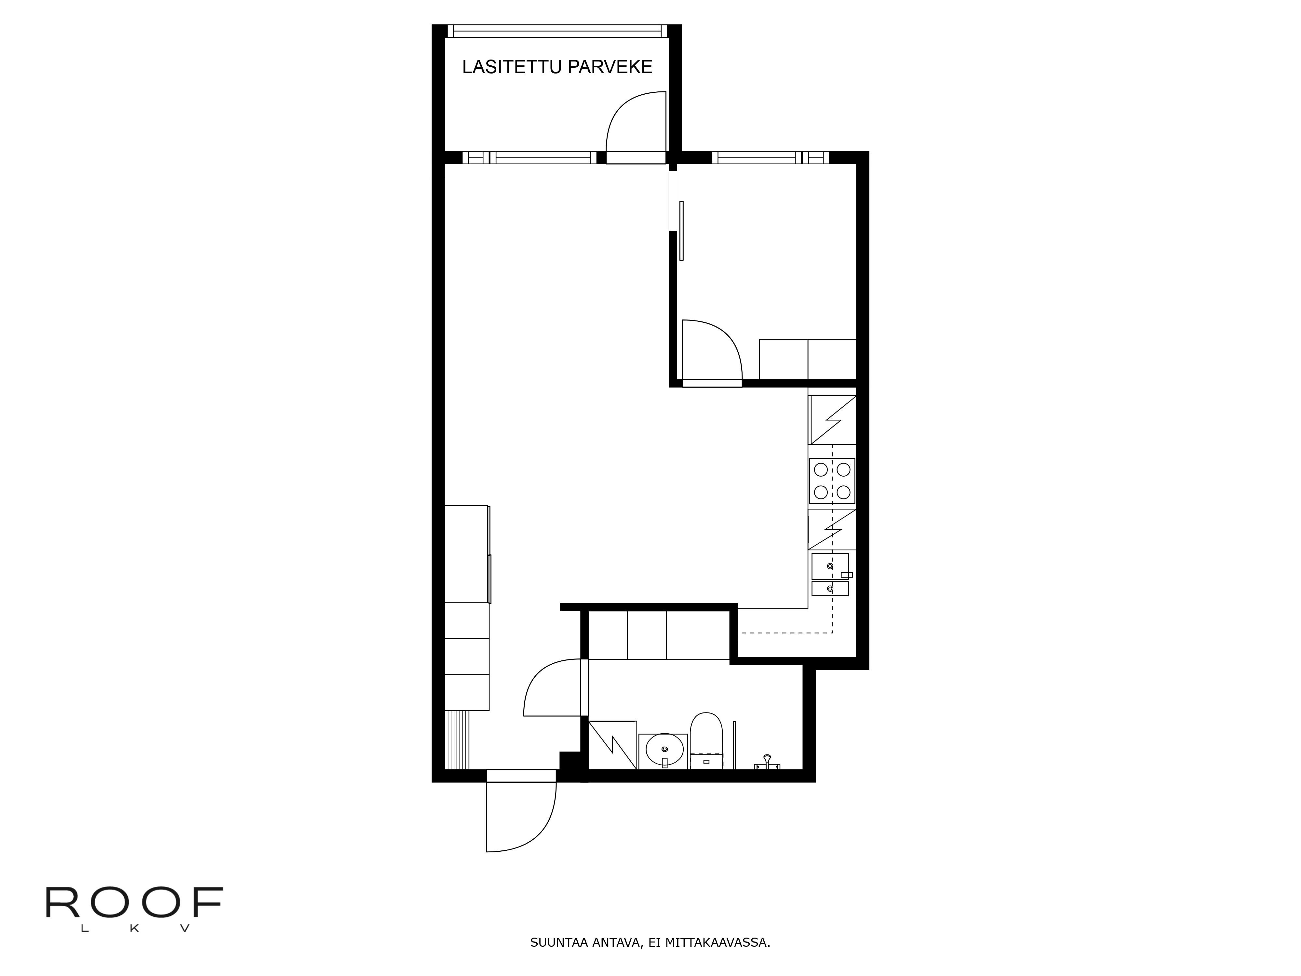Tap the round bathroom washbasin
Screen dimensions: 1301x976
click(664, 750)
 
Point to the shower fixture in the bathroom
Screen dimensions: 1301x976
click(767, 763)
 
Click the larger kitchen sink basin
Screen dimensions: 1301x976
click(830, 566)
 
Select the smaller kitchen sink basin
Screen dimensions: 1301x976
click(830, 588)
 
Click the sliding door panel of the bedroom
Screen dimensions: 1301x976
click(681, 231)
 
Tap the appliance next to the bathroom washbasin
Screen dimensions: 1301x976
click(613, 745)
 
